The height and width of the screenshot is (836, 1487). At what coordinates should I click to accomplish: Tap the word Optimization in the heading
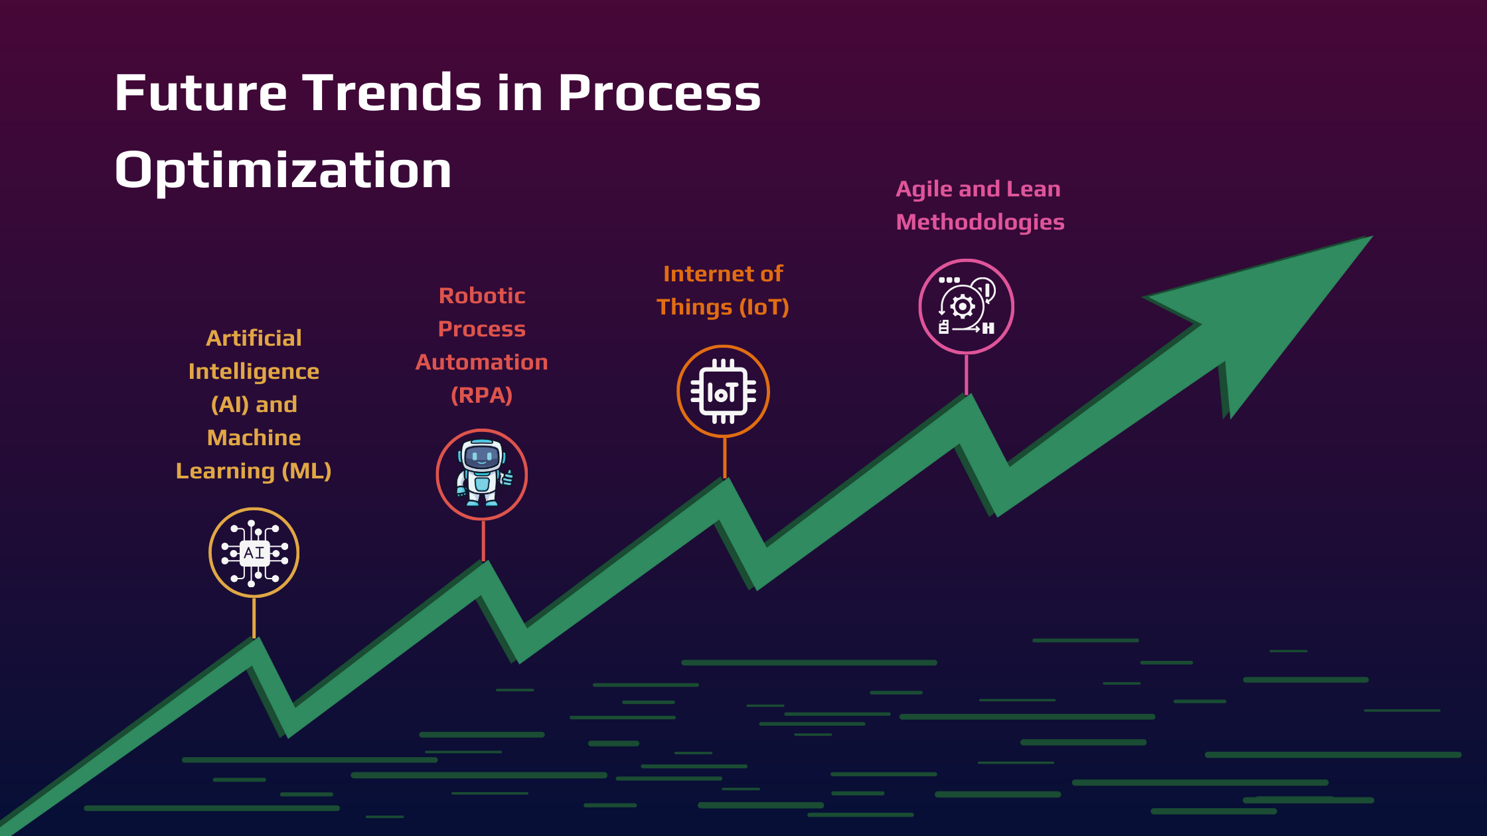(283, 171)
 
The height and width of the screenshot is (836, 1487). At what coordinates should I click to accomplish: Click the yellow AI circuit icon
(254, 553)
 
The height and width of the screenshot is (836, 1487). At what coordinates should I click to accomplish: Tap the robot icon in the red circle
(482, 474)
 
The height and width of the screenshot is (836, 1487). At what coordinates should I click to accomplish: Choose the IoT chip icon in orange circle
(723, 391)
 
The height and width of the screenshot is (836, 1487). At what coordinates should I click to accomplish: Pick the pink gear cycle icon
(966, 306)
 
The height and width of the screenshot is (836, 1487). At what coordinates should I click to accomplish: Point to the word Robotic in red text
(482, 296)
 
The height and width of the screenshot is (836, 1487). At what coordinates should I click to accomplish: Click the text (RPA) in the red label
(481, 395)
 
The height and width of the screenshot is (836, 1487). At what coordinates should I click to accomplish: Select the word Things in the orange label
(694, 307)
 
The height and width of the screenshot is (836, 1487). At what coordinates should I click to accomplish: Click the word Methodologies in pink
(980, 222)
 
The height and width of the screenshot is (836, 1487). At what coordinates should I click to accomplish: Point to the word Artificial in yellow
(254, 338)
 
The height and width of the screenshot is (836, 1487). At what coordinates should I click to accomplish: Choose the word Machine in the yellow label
(254, 438)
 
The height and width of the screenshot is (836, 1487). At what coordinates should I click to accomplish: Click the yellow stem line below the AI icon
(254, 618)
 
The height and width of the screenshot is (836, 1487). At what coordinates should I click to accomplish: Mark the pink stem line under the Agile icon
(966, 374)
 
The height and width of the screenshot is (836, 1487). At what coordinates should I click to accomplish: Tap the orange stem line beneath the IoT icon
(724, 457)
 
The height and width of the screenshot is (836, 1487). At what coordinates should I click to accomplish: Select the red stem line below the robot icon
(483, 540)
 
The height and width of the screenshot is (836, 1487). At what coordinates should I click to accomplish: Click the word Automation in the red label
(481, 362)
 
